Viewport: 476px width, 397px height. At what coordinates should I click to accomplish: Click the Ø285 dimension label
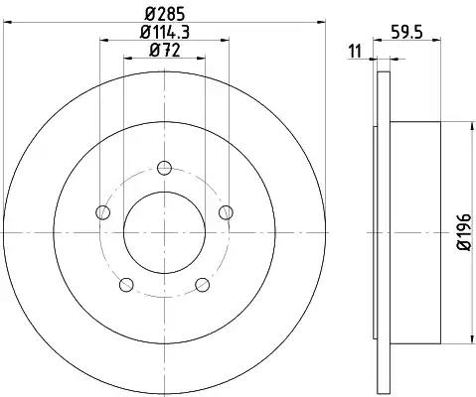click(164, 14)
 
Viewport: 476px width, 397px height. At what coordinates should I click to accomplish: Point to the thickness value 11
click(355, 52)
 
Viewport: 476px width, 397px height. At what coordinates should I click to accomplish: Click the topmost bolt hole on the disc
click(165, 167)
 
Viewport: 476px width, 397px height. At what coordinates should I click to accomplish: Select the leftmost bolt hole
click(102, 211)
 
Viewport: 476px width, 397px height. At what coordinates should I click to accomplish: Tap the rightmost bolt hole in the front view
click(227, 211)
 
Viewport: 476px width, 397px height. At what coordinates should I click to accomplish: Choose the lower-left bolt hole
click(126, 285)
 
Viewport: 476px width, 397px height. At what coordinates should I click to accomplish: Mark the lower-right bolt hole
click(203, 285)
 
